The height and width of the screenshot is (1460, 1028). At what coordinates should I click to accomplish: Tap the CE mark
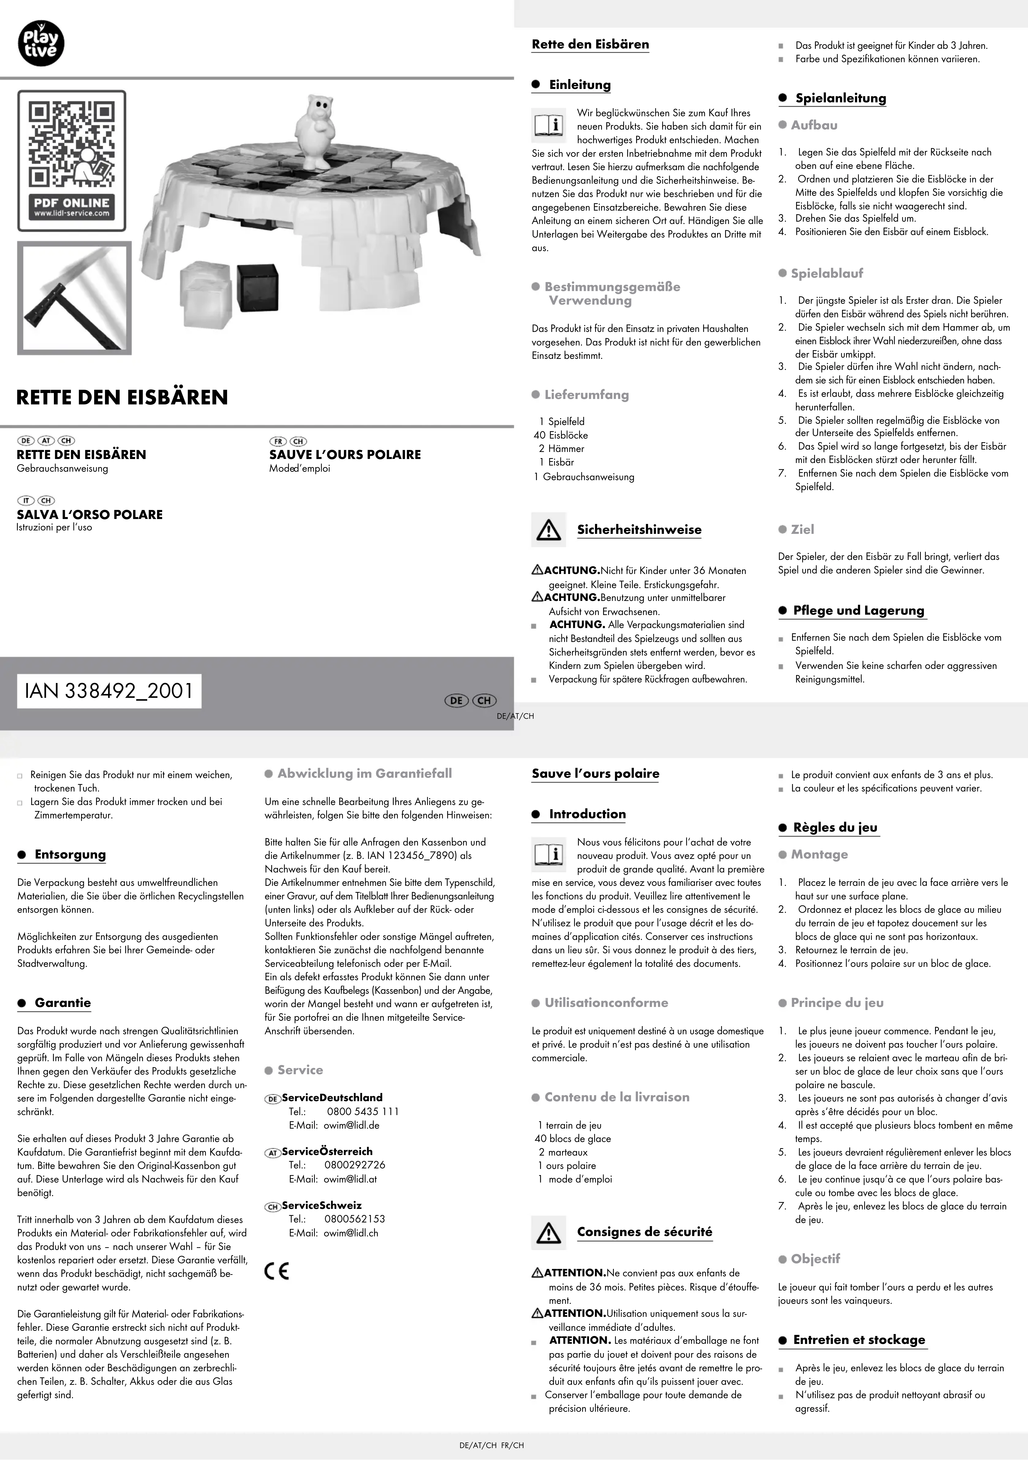coord(277,1271)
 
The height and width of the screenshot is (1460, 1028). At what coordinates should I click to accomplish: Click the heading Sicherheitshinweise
coord(639,530)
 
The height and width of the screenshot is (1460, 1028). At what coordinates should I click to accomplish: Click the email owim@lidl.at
coord(350,1178)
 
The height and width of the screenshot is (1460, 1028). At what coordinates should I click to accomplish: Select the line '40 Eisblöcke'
coord(561,435)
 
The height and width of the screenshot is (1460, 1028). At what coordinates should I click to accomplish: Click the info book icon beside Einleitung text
coord(548,125)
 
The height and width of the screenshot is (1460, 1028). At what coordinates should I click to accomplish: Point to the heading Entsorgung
coord(70,855)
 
